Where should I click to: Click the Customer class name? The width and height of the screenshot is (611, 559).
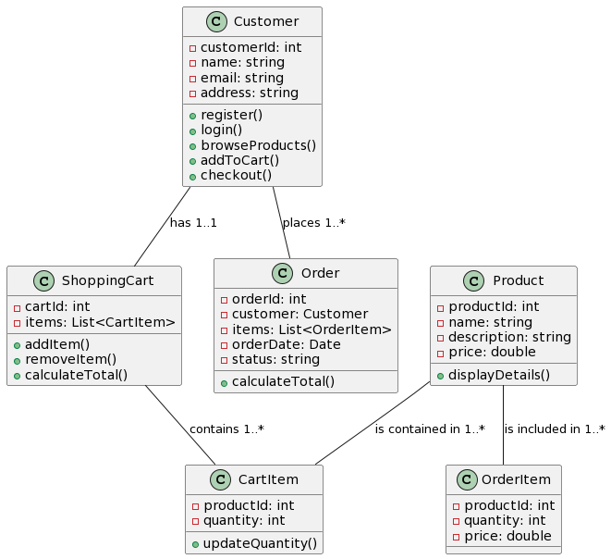(x=266, y=21)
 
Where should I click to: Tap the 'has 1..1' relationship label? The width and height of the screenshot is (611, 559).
(x=193, y=223)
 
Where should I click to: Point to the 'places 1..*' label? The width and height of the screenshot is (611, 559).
(x=313, y=223)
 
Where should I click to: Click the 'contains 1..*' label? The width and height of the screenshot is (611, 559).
(x=226, y=429)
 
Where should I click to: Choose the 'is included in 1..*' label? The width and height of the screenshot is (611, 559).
(x=555, y=429)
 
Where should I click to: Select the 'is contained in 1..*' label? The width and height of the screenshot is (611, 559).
(x=430, y=429)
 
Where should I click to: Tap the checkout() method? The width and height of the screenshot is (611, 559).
(x=236, y=175)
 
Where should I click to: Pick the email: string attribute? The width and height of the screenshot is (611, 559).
(x=241, y=78)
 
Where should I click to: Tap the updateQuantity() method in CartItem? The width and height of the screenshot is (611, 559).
(x=260, y=543)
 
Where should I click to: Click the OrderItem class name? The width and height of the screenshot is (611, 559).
(x=522, y=479)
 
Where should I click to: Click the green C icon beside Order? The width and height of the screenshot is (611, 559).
(x=282, y=273)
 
